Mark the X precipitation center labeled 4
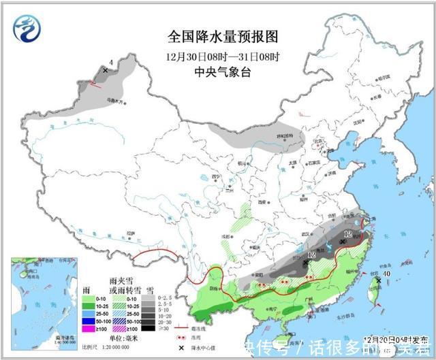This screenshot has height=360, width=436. tap(105, 70)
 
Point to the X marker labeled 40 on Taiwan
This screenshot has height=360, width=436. tap(379, 280)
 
